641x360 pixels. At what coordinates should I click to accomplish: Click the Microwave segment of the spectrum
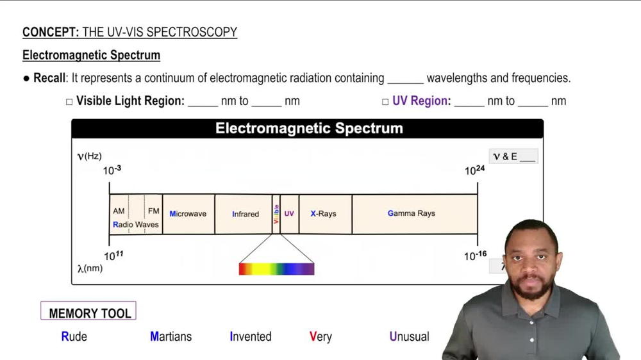(188, 214)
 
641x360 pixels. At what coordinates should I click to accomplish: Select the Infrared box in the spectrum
(246, 214)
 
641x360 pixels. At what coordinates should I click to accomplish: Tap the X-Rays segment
(324, 214)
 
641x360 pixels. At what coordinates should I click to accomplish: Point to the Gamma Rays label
(411, 213)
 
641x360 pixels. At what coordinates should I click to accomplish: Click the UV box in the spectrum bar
(289, 214)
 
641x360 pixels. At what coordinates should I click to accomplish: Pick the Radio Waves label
(136, 225)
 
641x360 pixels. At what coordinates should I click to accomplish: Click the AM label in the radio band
(119, 211)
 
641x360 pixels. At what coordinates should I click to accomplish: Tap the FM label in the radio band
(154, 211)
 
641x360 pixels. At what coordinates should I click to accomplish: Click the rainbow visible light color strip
(276, 269)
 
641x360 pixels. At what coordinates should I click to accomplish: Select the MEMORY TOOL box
(88, 313)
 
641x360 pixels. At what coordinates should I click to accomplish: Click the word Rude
(74, 336)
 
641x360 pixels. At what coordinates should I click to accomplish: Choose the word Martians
(171, 336)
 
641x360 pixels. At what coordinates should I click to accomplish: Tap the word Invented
(251, 336)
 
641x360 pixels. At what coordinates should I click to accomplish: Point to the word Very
(320, 336)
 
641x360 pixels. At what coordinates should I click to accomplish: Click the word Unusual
(409, 336)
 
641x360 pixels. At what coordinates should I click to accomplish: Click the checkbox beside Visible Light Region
(69, 102)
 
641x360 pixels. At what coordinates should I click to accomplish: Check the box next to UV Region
(385, 102)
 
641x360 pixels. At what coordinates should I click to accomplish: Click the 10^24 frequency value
(474, 170)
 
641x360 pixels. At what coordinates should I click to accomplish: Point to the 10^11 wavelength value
(113, 256)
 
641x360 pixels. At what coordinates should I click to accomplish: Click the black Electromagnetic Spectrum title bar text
(309, 128)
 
